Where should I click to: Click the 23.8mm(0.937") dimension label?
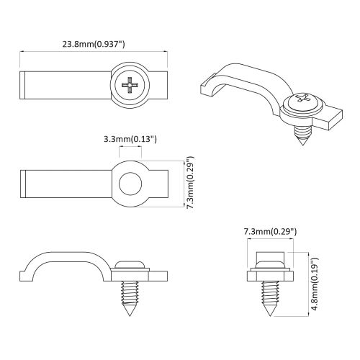94,42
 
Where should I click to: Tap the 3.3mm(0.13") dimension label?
130,138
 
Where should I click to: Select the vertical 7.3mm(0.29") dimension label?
189,183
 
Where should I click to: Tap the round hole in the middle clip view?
130,184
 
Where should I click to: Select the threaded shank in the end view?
270,292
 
